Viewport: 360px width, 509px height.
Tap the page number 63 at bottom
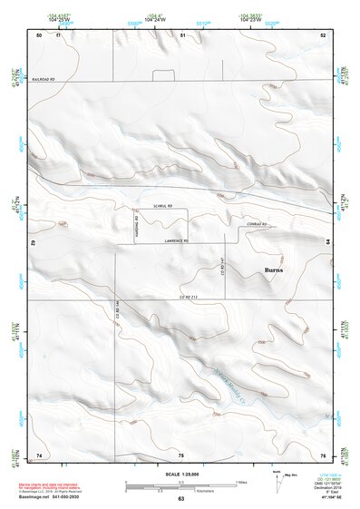pos(180,500)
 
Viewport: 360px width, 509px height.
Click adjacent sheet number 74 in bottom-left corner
pos(38,454)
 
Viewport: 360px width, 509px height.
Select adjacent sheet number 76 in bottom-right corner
pos(323,454)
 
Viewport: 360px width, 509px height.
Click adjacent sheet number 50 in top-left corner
pos(38,34)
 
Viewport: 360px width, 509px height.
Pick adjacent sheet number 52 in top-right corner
pos(323,34)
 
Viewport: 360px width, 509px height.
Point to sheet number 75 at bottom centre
pos(180,454)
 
